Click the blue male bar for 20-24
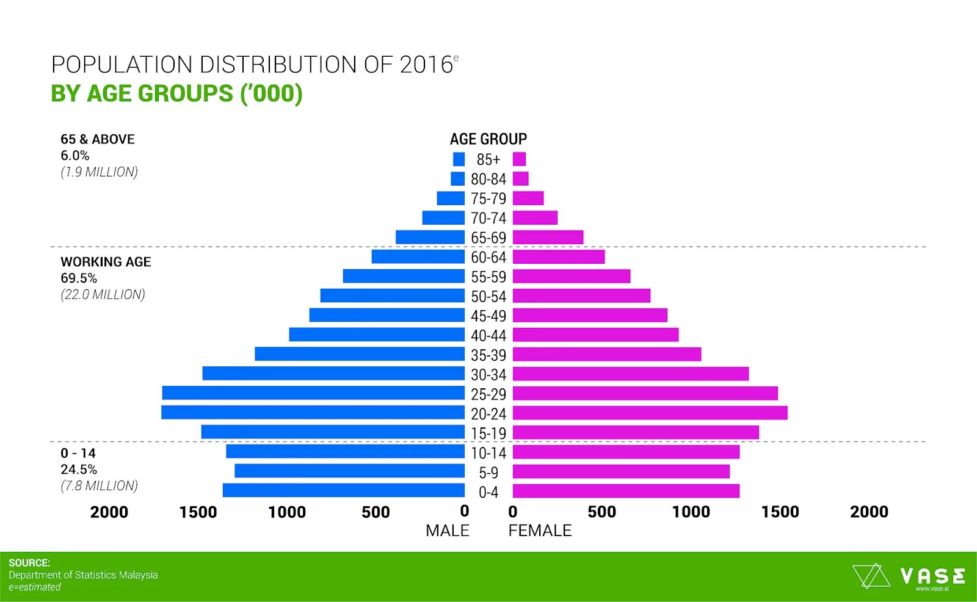pos(313,413)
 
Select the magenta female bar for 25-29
pos(645,393)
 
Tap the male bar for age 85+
pos(459,159)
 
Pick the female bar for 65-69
pos(548,237)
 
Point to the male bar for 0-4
pos(343,490)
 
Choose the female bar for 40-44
pos(595,335)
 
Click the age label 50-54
pos(488,297)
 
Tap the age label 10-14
pos(488,453)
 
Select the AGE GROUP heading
pos(488,139)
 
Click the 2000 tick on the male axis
pos(109,512)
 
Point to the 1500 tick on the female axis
pos(780,512)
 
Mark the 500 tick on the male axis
pos(376,512)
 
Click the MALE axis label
pos(447,531)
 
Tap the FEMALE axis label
pos(540,531)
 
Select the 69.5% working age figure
pos(79,278)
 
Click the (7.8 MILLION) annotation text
pos(99,486)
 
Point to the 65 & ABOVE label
pos(98,139)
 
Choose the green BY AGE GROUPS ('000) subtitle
pos(176,94)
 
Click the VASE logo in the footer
pos(909,576)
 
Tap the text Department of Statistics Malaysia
pos(83,575)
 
